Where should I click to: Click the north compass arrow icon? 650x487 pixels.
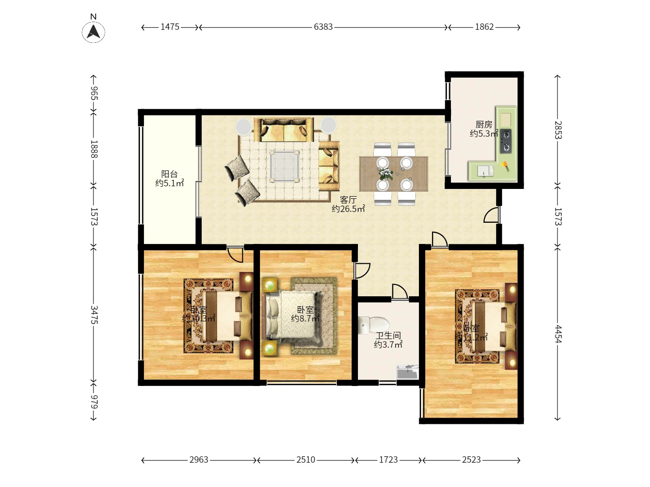93,32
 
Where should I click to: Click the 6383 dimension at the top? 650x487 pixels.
323,27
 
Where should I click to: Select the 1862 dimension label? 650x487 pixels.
484,27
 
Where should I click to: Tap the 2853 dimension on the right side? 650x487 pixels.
558,130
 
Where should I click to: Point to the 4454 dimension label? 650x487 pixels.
558,334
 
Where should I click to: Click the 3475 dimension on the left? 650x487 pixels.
93,314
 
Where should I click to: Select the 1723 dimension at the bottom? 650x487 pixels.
388,460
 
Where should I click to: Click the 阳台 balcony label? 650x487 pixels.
169,174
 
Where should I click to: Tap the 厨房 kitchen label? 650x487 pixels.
483,124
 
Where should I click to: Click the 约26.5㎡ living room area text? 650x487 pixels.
348,209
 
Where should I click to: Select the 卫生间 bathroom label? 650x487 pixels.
388,335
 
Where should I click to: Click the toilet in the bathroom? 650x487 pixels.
374,325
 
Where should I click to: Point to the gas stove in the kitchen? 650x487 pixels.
506,141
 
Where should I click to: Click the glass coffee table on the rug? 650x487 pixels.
284,166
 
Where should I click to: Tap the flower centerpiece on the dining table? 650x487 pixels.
385,173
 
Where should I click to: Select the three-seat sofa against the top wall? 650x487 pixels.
283,129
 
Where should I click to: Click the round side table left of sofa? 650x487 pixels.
244,126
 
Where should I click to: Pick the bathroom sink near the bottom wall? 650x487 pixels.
408,372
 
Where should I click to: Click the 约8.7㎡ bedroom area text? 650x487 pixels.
305,319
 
